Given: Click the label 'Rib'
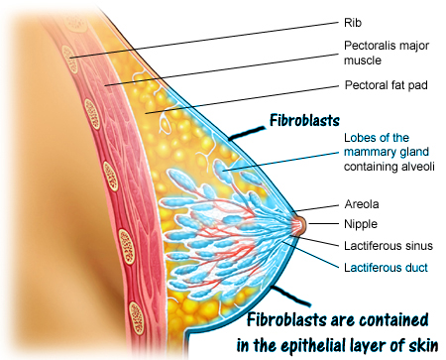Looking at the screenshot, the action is click(x=353, y=23).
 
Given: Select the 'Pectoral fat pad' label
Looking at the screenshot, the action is click(x=387, y=85).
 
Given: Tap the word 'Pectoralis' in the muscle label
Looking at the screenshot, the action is click(x=368, y=46).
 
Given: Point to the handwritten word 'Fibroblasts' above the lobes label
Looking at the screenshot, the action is click(x=304, y=120).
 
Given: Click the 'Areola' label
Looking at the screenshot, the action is click(x=362, y=204).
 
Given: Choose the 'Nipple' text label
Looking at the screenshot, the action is click(x=361, y=224).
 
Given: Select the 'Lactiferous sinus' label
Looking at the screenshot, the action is click(x=389, y=246).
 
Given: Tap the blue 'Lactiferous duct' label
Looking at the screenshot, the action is click(x=386, y=268).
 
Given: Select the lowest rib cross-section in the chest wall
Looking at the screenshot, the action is click(x=137, y=318).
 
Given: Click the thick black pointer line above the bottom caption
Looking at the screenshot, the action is click(x=290, y=296).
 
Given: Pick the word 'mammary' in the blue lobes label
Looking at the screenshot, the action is click(x=366, y=152).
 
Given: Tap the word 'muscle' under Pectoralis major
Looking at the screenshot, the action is click(x=363, y=60).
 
